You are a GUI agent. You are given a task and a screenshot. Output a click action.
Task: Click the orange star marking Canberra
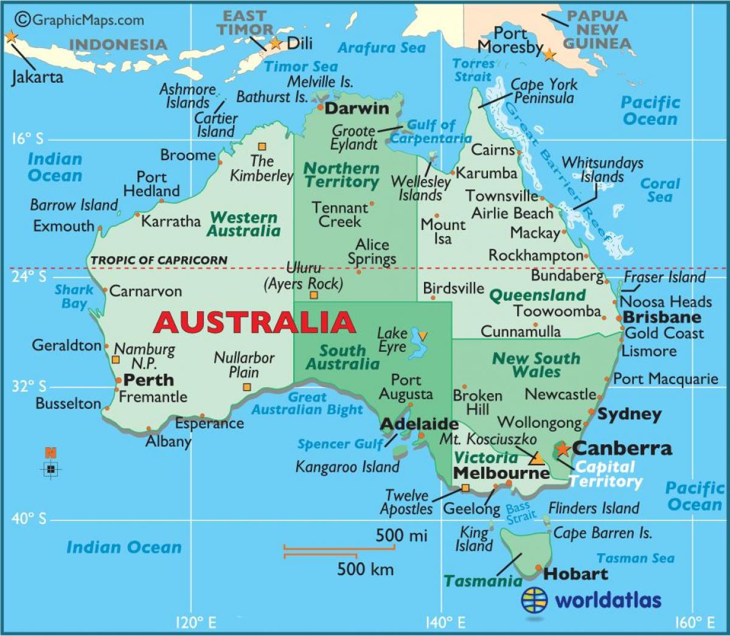(x=563, y=449)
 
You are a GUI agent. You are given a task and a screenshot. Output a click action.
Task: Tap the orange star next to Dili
(x=276, y=43)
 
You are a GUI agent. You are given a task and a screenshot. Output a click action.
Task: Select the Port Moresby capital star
(x=549, y=55)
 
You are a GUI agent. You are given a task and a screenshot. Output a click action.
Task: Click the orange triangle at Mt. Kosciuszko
(x=537, y=458)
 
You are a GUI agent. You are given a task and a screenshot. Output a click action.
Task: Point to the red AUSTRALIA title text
(x=254, y=322)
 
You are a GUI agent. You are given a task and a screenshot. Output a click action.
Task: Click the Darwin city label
(x=356, y=108)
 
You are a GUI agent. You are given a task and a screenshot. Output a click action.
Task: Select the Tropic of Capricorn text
(x=159, y=260)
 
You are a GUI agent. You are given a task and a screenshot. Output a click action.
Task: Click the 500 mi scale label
(x=401, y=536)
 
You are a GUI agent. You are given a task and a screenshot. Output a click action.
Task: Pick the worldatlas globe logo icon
(x=534, y=600)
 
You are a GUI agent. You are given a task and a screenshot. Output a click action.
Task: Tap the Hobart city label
(x=575, y=574)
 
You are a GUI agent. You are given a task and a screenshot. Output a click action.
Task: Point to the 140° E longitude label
(x=445, y=623)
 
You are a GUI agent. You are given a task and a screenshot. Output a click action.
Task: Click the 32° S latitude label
(x=29, y=386)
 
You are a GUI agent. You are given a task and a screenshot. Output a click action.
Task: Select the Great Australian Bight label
(x=307, y=404)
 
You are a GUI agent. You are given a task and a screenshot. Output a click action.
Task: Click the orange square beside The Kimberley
(x=262, y=147)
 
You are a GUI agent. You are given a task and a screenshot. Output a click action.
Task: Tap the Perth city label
(x=148, y=380)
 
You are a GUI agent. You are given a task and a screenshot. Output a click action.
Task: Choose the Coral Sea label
(x=660, y=190)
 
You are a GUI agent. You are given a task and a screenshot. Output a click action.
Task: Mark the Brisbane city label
(x=662, y=317)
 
